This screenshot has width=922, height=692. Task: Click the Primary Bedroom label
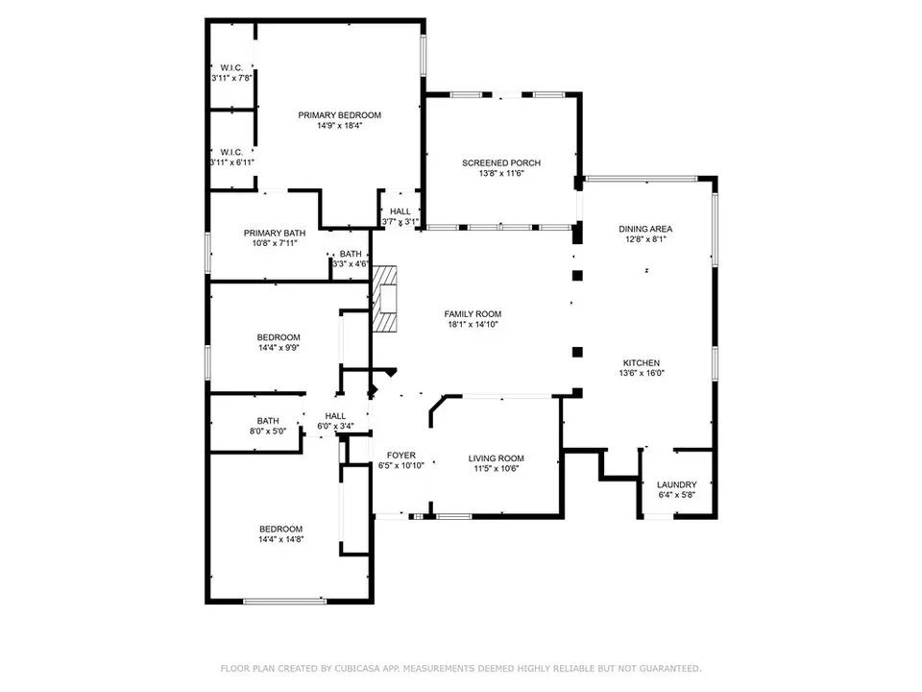click(x=339, y=115)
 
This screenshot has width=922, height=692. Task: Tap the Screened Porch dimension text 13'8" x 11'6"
click(x=501, y=174)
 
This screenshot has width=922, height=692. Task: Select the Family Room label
click(x=473, y=314)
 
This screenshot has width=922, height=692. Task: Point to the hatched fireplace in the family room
click(x=384, y=299)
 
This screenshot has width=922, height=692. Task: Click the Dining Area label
click(x=645, y=229)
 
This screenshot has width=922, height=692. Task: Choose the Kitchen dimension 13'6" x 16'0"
click(x=642, y=373)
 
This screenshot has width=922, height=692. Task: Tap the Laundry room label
click(x=677, y=484)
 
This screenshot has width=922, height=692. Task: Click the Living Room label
click(x=497, y=458)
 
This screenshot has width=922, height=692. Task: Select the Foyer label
click(x=401, y=456)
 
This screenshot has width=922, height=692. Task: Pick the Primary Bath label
click(x=275, y=233)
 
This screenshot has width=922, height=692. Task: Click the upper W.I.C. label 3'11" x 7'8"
click(x=231, y=73)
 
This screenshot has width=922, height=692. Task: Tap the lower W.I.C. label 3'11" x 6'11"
click(x=231, y=157)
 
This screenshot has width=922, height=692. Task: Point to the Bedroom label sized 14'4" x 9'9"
click(x=279, y=342)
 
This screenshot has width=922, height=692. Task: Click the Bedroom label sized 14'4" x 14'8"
click(x=281, y=533)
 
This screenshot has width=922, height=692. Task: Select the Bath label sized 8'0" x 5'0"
click(x=268, y=426)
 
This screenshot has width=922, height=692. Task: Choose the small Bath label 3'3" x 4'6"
click(x=351, y=259)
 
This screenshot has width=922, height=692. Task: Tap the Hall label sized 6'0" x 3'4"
click(x=335, y=421)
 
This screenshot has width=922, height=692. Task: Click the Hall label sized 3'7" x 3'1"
click(x=400, y=216)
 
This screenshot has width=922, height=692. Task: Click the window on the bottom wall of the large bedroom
click(x=284, y=601)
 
